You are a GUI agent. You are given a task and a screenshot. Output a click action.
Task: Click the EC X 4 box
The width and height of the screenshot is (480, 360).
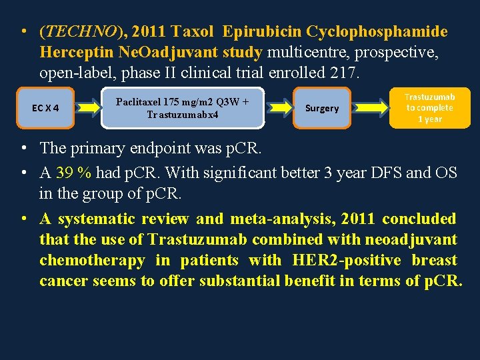pyautogui.click(x=45, y=108)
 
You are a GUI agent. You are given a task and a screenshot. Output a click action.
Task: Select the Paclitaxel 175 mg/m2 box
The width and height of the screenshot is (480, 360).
pyautogui.click(x=182, y=108)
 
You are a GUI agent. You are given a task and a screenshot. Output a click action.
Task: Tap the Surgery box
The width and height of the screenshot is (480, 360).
pyautogui.click(x=322, y=108)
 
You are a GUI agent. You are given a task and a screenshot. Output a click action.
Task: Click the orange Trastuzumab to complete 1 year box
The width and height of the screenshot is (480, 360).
pyautogui.click(x=429, y=108)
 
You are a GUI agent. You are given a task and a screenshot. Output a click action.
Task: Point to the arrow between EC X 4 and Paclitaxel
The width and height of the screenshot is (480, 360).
pyautogui.click(x=85, y=108)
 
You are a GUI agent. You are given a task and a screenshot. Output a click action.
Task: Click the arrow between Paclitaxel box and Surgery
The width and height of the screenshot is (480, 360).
pyautogui.click(x=279, y=108)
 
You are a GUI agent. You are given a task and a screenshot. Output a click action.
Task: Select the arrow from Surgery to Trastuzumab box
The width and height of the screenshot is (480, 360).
pyautogui.click(x=370, y=108)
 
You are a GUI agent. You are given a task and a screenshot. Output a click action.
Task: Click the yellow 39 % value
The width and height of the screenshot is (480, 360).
pyautogui.click(x=74, y=173)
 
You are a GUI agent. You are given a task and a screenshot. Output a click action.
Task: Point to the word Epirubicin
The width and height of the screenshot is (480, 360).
pyautogui.click(x=262, y=32)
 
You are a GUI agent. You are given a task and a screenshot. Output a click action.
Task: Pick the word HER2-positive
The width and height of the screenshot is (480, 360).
pyautogui.click(x=347, y=260)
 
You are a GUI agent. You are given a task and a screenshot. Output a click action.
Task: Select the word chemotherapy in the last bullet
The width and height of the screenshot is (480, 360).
pyautogui.click(x=92, y=260)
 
